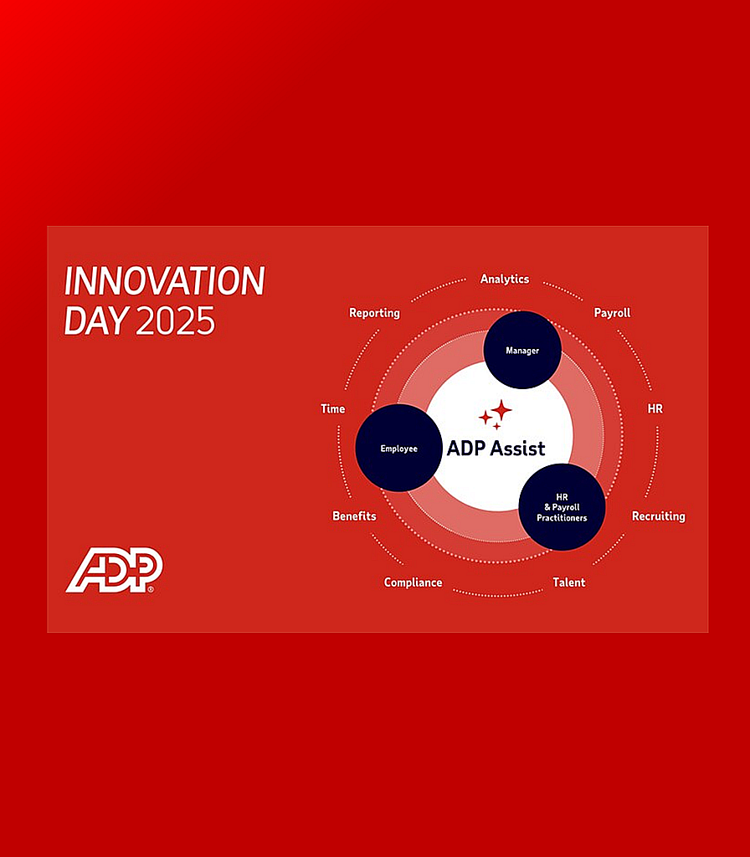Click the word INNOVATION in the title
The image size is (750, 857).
coord(164,282)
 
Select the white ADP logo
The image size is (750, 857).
coord(114,570)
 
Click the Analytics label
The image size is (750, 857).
coord(504,279)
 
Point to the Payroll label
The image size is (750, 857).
coord(612,312)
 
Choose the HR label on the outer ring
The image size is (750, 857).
coord(655,408)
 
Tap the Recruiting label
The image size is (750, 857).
coord(658,516)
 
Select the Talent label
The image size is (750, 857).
coord(568,582)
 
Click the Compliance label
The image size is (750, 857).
coord(413,582)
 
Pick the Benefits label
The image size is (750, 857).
coord(354,516)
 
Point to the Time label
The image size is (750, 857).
coord(332,408)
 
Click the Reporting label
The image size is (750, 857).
coord(374,312)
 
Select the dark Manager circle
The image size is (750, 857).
coord(522,350)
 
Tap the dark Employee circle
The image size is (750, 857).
coord(398,448)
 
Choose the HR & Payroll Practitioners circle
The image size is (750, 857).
coord(562,507)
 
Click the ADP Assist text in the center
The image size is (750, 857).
coord(496,448)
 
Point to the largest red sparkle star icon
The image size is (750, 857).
coord(501,410)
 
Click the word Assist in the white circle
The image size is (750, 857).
coord(519,448)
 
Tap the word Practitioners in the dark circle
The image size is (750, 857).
coord(562,518)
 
